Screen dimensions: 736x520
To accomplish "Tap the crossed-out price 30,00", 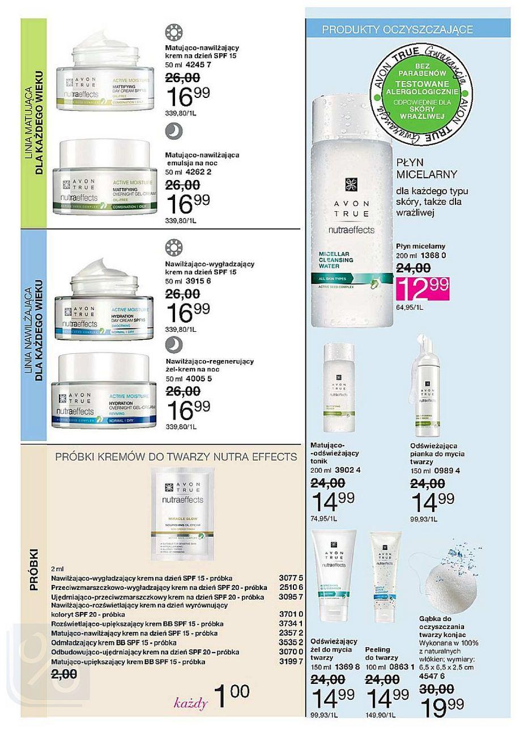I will click(436, 690).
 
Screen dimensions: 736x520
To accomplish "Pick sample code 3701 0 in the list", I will click(292, 614).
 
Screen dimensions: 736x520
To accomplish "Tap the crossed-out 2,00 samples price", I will click(65, 674).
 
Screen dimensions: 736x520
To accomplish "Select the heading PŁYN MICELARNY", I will click(419, 168).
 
